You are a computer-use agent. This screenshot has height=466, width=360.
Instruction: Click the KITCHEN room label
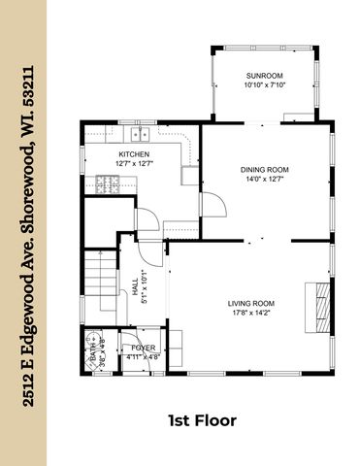tap(133, 154)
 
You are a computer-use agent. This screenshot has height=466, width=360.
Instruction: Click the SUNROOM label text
tap(265, 75)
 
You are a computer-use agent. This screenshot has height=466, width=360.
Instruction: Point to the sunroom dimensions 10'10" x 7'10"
tap(265, 84)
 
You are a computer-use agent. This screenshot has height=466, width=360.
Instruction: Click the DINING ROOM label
tap(265, 169)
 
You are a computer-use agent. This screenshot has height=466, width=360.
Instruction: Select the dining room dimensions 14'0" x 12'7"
tap(265, 179)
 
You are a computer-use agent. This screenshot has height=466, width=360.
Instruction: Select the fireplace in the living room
tap(317, 302)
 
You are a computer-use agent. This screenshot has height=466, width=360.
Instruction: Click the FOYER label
tap(144, 348)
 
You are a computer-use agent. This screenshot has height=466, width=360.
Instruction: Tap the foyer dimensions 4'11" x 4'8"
tap(144, 357)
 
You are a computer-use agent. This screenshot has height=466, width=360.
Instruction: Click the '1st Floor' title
tap(203, 420)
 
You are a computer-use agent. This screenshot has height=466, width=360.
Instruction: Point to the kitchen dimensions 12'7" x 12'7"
tap(133, 164)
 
